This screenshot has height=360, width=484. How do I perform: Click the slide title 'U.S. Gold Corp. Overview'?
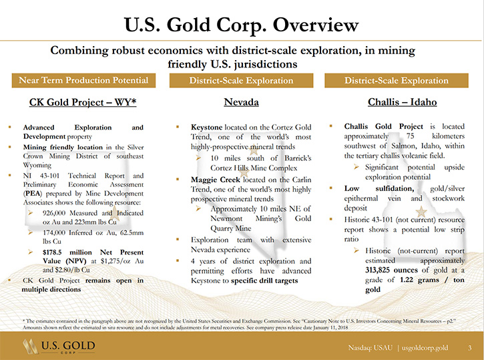(x=242, y=25)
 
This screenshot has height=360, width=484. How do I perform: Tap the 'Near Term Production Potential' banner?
(x=83, y=80)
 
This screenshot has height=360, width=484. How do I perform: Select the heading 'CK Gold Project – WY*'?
(x=83, y=102)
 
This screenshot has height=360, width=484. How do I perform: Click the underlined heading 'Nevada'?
(x=242, y=102)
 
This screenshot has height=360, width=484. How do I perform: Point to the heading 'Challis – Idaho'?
(x=402, y=102)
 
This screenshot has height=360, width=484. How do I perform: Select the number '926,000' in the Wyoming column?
(x=54, y=213)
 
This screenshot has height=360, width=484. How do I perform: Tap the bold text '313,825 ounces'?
(x=391, y=270)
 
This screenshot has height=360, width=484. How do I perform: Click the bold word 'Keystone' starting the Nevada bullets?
(x=206, y=127)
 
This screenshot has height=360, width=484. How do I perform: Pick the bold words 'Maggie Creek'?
(x=216, y=180)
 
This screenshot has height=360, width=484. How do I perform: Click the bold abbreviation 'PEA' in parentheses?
(x=32, y=194)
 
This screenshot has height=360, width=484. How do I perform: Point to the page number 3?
(x=470, y=348)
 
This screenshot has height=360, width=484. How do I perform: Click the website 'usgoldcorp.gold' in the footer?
(x=425, y=348)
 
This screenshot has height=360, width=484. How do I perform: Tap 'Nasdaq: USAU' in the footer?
(x=371, y=348)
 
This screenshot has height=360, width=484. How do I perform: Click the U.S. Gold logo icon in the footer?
(x=30, y=347)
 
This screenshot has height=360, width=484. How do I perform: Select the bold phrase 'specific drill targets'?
(x=264, y=281)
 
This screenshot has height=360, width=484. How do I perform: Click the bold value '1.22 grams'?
(x=419, y=280)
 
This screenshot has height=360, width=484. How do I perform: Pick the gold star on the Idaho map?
(x=421, y=212)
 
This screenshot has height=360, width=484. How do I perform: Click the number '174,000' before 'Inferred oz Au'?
(x=54, y=233)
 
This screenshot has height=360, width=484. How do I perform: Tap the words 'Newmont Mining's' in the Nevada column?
(x=246, y=218)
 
